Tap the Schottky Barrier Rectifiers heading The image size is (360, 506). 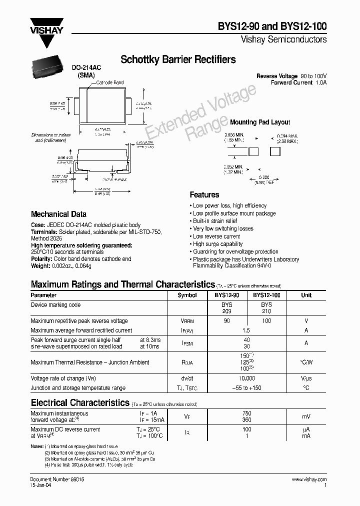(x=178, y=59)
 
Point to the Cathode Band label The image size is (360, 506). (x=109, y=82)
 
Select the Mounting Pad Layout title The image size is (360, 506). (x=259, y=122)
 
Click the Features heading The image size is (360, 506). (x=204, y=194)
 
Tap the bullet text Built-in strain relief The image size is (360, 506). (x=215, y=221)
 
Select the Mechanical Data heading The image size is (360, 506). (x=58, y=214)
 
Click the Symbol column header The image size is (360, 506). (x=187, y=295)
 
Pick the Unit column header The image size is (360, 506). (x=306, y=295)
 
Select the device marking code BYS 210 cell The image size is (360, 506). (x=266, y=307)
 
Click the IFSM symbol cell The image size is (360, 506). (x=187, y=343)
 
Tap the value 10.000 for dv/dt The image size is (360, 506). (x=246, y=378)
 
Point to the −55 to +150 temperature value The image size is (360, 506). (x=246, y=388)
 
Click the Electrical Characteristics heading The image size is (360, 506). (x=80, y=402)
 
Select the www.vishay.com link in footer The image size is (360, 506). (x=309, y=479)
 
